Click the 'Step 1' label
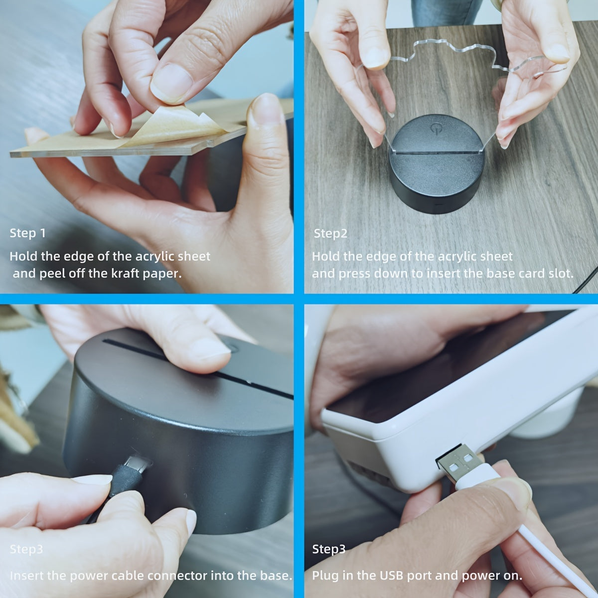point(28,233)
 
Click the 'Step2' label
point(330,234)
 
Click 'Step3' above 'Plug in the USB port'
point(328,550)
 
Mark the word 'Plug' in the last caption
point(326,576)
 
